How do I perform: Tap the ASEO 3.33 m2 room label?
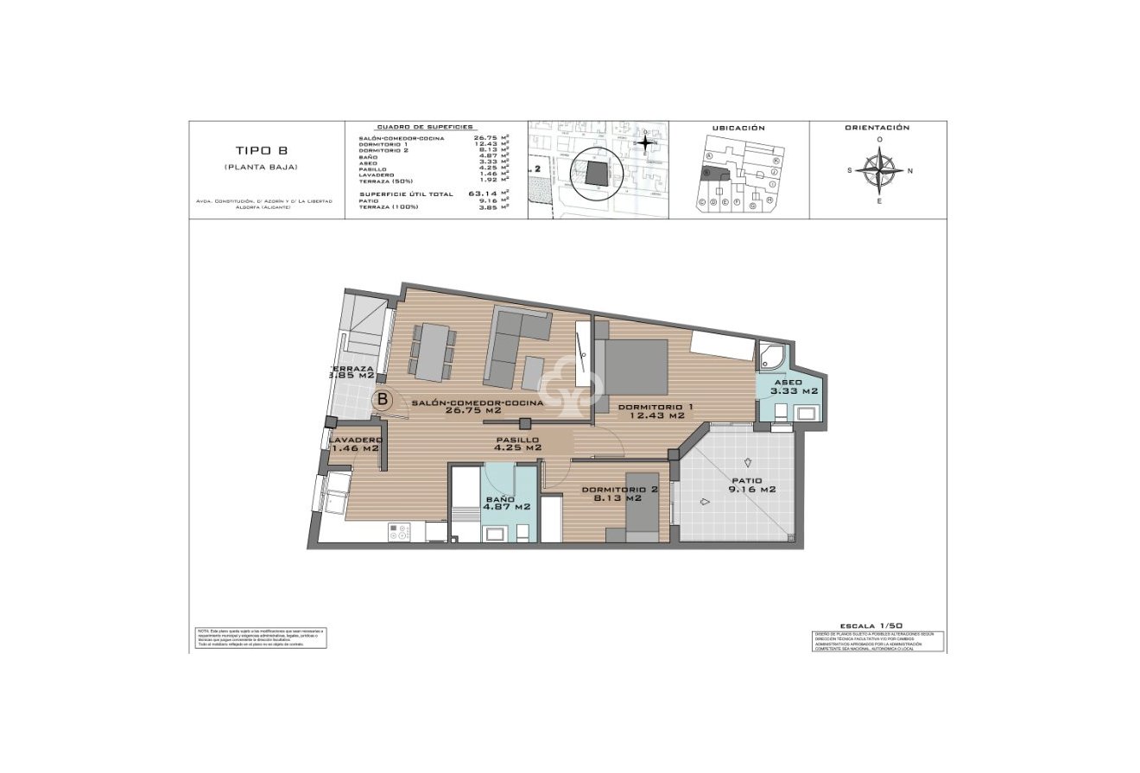pyautogui.click(x=788, y=386)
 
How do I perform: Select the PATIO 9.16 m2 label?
pyautogui.click(x=753, y=485)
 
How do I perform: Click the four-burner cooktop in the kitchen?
pyautogui.click(x=400, y=533)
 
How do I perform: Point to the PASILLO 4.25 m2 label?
pyautogui.click(x=517, y=443)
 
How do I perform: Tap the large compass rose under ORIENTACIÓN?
pyautogui.click(x=879, y=170)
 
